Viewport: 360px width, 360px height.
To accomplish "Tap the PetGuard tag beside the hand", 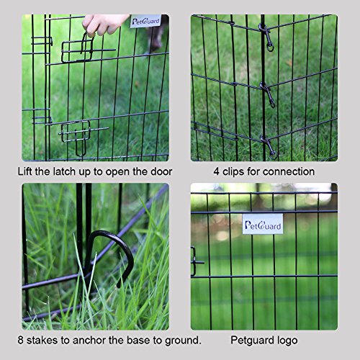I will (x=145, y=22).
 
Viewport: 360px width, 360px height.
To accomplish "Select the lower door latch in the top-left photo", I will (x=75, y=131).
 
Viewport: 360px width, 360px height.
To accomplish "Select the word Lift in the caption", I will (x=27, y=171).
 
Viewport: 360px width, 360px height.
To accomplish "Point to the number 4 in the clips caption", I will (x=217, y=171).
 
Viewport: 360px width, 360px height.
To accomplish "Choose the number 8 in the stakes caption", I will (x=22, y=339).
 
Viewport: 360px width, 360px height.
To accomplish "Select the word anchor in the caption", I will (x=91, y=339).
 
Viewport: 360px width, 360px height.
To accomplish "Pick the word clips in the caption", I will (x=235, y=171).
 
